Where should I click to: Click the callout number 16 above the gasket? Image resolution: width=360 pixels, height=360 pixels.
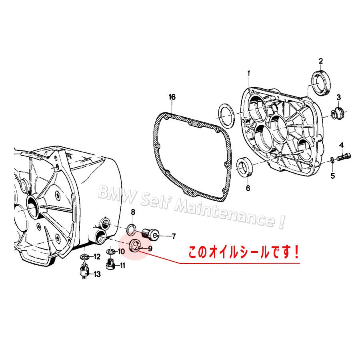172,97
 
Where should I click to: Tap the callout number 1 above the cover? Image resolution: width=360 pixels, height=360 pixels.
248,73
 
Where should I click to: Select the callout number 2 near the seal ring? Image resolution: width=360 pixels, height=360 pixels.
320,61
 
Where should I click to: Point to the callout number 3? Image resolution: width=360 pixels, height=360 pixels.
338,97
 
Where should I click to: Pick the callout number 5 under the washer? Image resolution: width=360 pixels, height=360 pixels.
333,175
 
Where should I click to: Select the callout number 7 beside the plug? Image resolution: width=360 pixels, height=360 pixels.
174,236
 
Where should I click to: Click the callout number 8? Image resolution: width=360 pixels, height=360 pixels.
133,212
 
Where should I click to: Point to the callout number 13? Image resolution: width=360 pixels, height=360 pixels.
97,274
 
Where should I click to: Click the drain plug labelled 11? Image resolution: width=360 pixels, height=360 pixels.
111,264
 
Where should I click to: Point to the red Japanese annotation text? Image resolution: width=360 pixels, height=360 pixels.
244,253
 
